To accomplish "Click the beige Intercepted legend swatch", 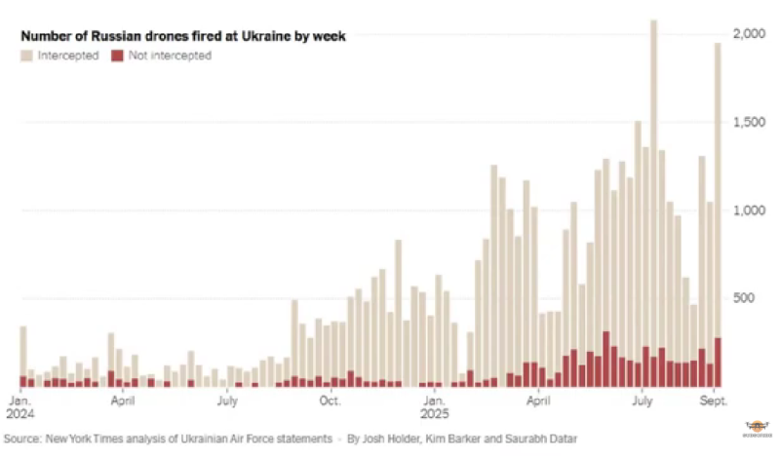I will [27, 56].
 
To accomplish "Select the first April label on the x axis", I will [123, 400].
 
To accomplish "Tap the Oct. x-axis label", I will [330, 400].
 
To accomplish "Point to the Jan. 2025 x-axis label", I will [434, 405].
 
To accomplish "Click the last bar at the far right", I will [718, 195].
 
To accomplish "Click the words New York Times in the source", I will [95, 440].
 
